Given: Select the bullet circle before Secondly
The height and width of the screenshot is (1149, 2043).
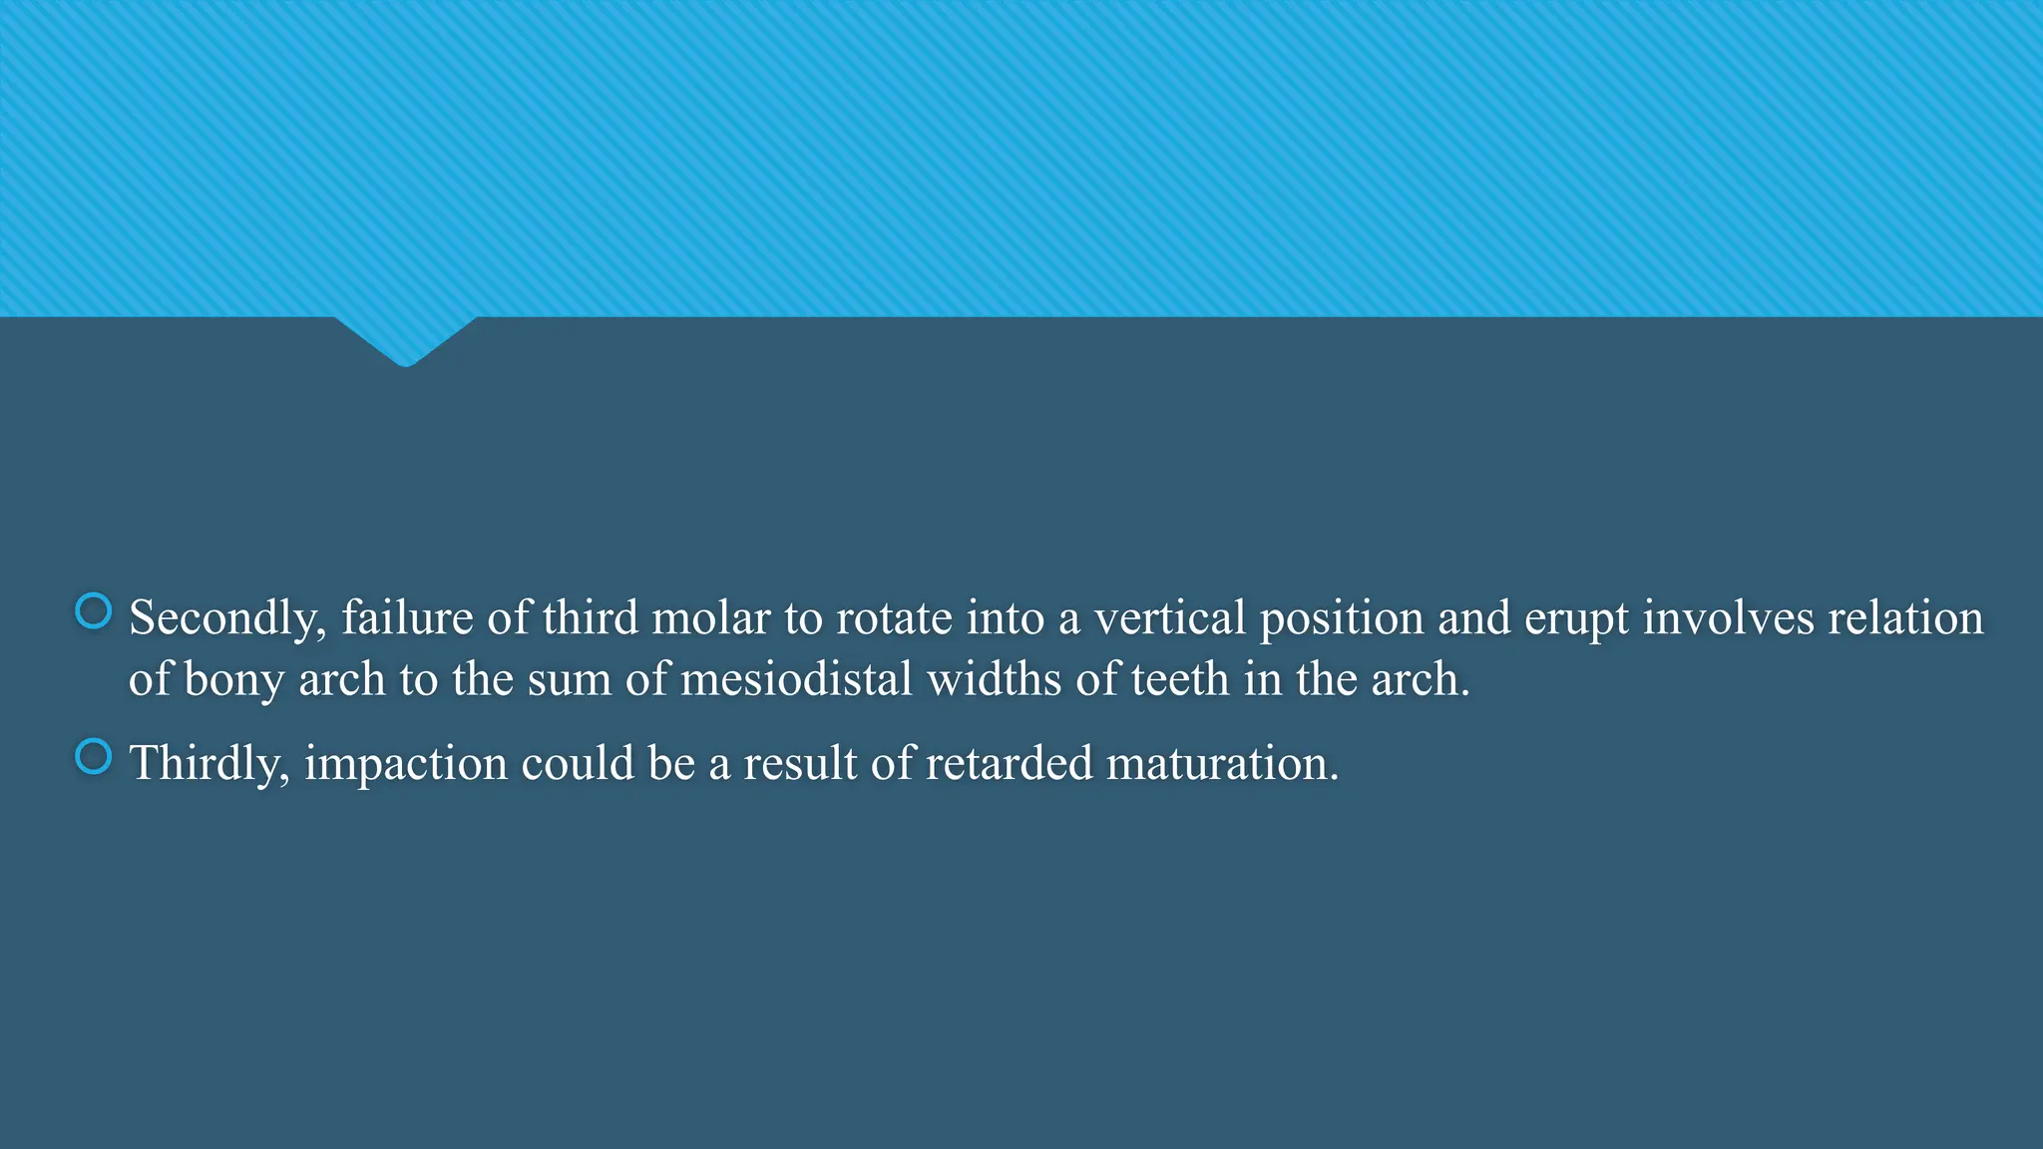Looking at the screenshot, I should click(94, 611).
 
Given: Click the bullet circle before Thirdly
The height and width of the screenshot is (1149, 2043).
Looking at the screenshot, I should click(94, 757).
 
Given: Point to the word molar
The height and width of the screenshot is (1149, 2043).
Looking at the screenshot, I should click(711, 618).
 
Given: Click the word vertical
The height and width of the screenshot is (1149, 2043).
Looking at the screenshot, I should click(1170, 618).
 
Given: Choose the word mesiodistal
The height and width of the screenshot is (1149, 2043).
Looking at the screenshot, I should click(796, 680).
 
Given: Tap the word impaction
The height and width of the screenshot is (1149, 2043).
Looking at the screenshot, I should click(405, 764).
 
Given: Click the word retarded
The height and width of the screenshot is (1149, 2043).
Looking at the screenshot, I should click(1009, 764).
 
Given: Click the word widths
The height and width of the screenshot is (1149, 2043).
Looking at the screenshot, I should click(994, 680).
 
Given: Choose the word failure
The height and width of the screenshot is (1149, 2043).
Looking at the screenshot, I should click(407, 618).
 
